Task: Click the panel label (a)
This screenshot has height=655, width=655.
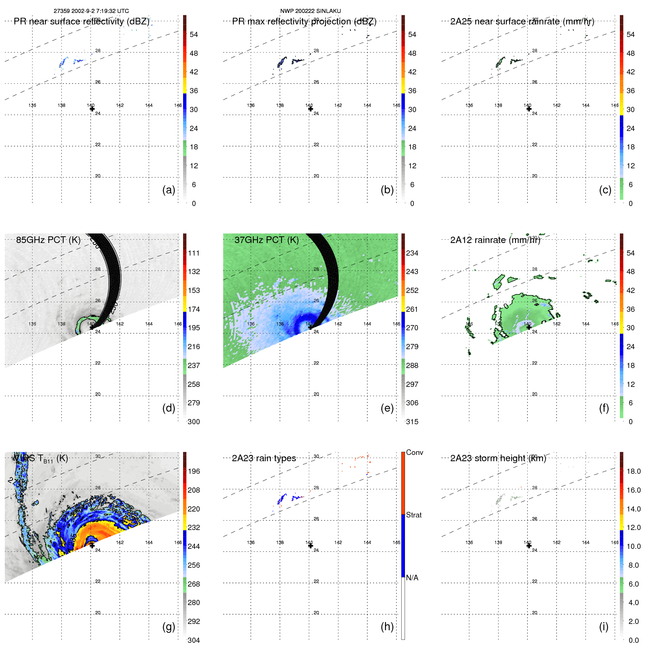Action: coord(169,190)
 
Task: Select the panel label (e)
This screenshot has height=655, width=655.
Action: coord(387,408)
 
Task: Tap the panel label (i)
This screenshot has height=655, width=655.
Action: coord(604,627)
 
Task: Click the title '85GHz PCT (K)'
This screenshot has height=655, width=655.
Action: coord(48,240)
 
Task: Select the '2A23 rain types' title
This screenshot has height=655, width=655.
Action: coord(264,458)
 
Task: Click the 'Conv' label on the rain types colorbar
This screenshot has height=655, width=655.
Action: coord(414,452)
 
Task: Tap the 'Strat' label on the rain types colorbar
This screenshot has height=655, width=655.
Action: coord(413,515)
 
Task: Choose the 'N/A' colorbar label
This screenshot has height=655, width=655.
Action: coord(412,578)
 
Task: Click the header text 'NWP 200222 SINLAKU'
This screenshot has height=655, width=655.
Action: coord(310,11)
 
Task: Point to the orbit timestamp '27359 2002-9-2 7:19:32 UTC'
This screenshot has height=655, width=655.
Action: coord(91,11)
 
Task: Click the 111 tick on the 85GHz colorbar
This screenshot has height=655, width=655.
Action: coord(194,253)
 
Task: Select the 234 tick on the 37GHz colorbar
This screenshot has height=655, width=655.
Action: coord(412,253)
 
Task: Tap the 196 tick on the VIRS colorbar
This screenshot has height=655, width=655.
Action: coord(194,472)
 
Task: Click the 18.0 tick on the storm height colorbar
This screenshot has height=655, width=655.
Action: coord(634,472)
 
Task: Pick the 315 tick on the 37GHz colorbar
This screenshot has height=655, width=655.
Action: coord(412,422)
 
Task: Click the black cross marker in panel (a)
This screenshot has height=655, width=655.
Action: coord(92,109)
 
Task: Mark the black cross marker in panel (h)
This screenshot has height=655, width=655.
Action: coord(311,546)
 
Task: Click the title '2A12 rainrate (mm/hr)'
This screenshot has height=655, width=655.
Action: coord(495,240)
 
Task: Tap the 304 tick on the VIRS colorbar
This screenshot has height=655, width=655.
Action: coord(194,641)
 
